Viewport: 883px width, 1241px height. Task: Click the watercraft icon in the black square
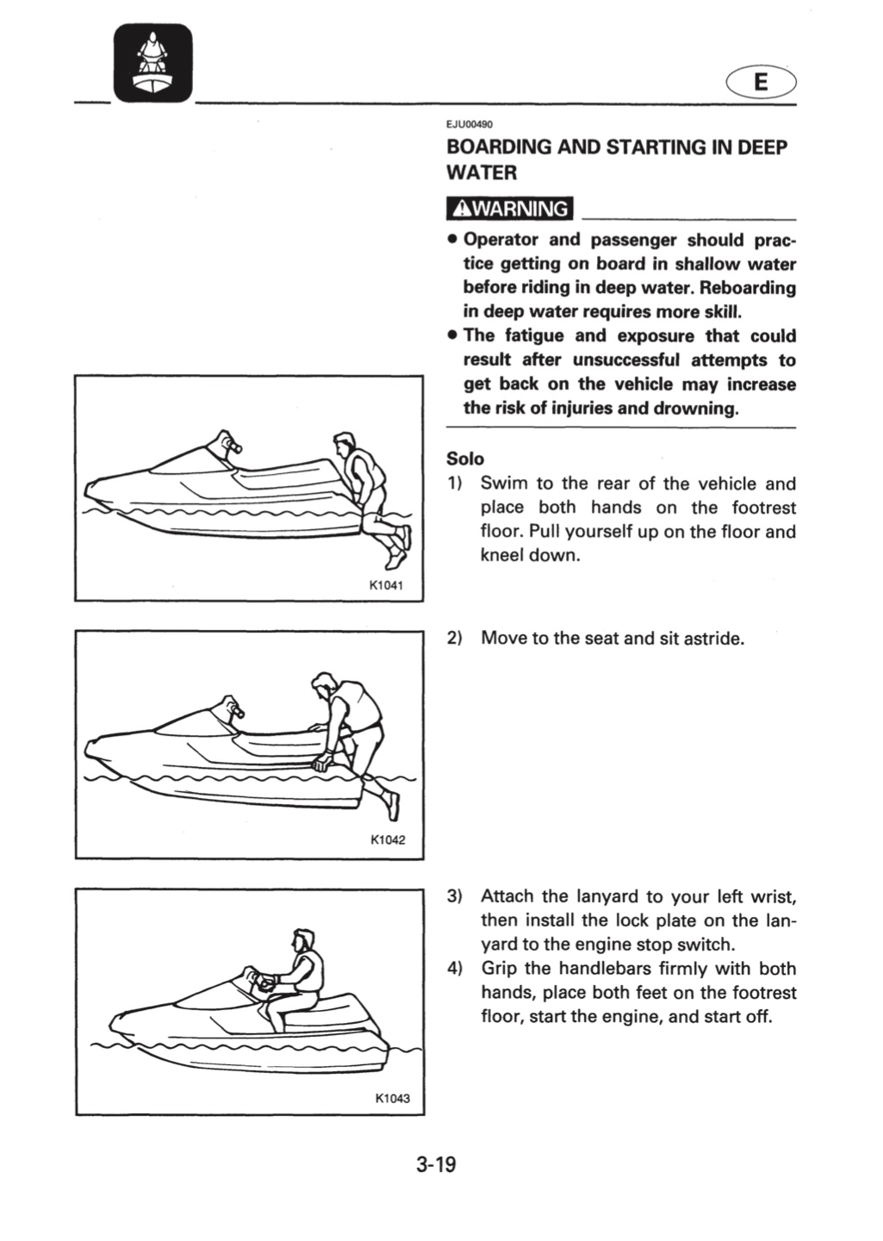(152, 64)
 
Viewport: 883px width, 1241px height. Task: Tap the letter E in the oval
(762, 82)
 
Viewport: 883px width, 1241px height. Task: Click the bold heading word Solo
(465, 458)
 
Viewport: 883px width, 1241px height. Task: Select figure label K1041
(387, 585)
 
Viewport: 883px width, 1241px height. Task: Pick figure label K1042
(388, 840)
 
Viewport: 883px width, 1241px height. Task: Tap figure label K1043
(392, 1098)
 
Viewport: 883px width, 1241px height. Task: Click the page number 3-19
(437, 1164)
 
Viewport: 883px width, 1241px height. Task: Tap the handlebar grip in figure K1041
(233, 445)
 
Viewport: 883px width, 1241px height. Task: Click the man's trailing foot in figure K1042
(394, 807)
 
